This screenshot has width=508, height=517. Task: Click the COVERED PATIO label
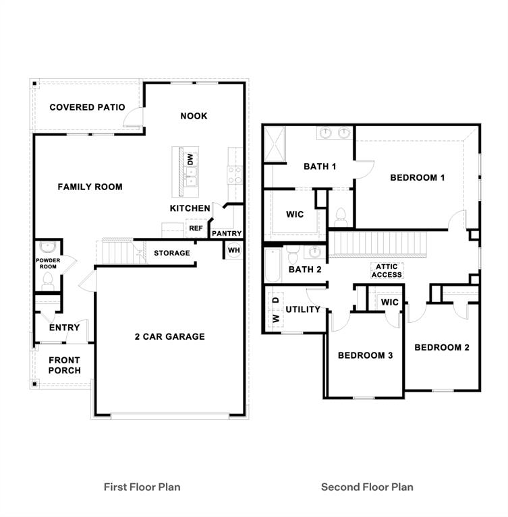[x=87, y=107]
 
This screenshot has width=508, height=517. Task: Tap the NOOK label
[x=194, y=116]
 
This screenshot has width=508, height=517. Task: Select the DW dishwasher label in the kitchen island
[x=190, y=159]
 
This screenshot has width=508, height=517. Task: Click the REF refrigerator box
[x=196, y=229]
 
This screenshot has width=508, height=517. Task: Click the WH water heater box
[x=234, y=249]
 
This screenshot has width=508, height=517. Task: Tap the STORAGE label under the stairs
[x=171, y=253]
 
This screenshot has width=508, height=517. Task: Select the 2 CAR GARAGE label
[x=169, y=336]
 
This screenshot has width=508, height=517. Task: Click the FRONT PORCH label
[x=65, y=365]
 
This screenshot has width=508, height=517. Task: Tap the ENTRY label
[x=65, y=328]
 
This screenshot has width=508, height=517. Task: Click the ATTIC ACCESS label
[x=387, y=270]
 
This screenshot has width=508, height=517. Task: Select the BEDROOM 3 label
[x=365, y=355]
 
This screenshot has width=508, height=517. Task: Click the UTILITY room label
[x=303, y=309]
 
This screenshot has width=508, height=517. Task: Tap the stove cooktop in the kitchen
[x=235, y=175]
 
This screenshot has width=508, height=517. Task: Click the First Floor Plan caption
[x=142, y=486]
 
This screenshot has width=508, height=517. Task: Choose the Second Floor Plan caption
[x=367, y=486]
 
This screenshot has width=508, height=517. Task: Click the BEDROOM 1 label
[x=418, y=178]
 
